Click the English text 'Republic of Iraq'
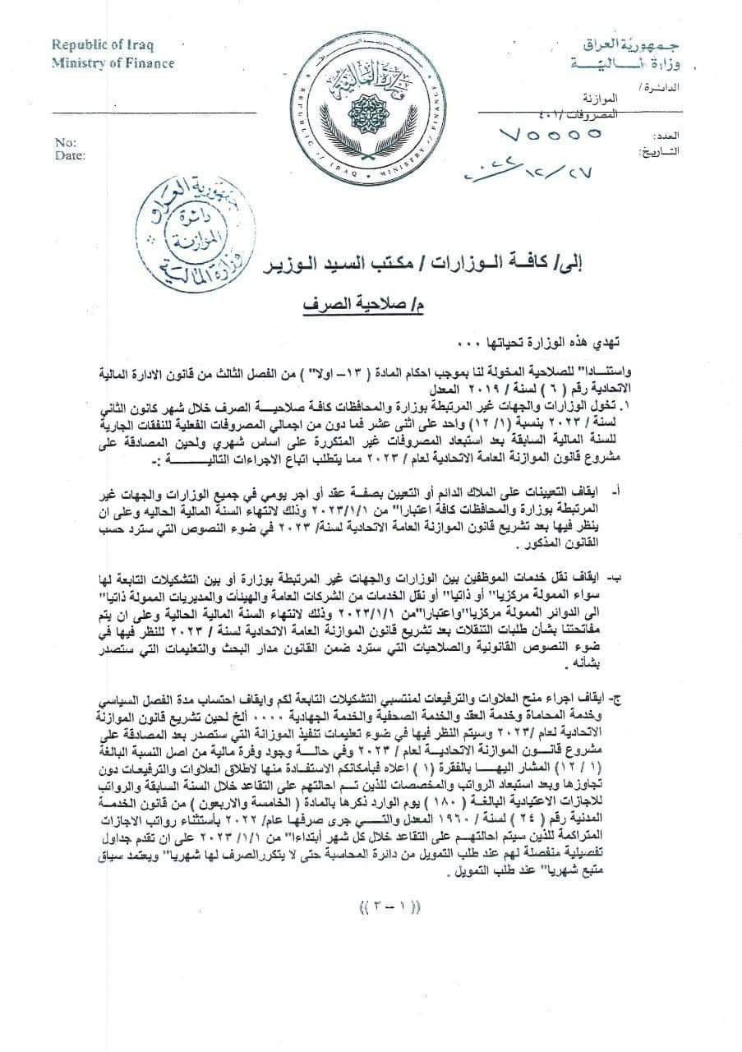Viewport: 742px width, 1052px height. coord(103,45)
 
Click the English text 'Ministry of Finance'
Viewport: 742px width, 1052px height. coord(113,63)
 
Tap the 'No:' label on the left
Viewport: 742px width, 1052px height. coord(65,141)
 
